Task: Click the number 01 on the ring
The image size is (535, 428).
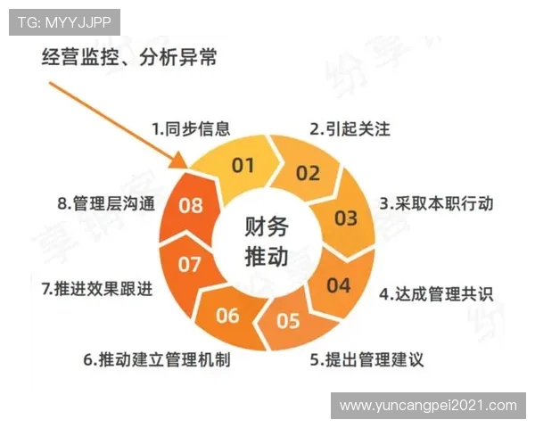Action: coord(243,165)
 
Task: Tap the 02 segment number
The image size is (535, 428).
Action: coord(308,173)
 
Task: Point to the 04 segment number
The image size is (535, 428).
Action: coord(338,285)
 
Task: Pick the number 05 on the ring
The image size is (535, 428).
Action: coord(288,321)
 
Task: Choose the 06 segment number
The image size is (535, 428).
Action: coord(227,315)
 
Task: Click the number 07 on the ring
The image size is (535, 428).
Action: coord(189,264)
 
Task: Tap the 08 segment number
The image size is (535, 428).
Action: coord(191,205)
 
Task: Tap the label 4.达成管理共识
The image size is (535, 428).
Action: coord(436,293)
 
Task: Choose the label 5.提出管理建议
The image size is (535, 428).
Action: coord(366,360)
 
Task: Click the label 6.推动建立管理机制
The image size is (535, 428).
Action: coord(158,360)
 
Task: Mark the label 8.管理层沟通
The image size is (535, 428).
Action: coord(106,204)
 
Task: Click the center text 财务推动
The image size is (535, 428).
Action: coord(266,242)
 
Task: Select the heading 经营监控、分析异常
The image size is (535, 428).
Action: coord(130,58)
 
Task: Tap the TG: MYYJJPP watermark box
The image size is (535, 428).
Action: coord(64,22)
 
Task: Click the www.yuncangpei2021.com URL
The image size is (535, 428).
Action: coord(428,405)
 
